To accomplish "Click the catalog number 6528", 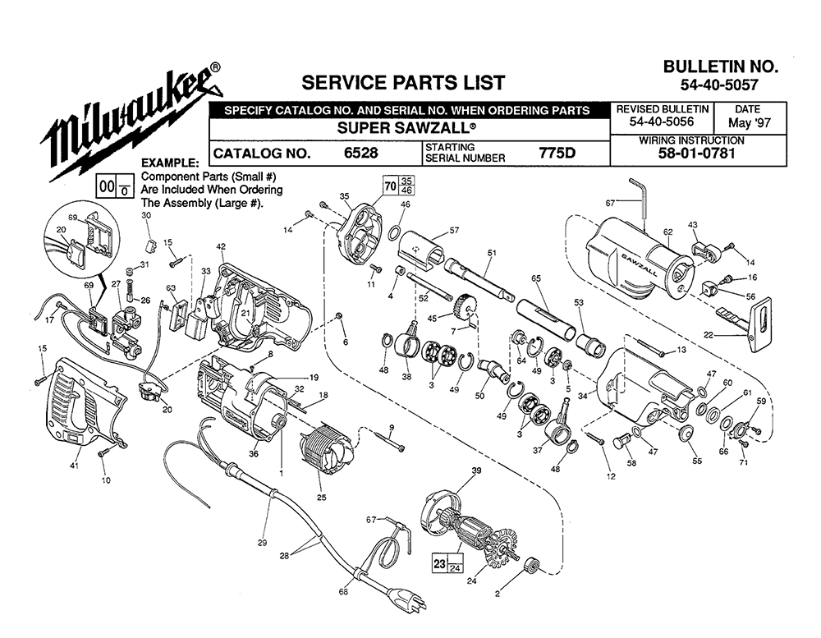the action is click(x=360, y=153).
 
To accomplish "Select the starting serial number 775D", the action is click(x=557, y=153).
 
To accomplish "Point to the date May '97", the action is click(x=750, y=123).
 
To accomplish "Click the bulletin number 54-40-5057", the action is click(x=719, y=84).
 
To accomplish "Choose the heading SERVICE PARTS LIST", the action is click(x=403, y=82).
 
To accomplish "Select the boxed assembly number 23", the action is click(x=440, y=563).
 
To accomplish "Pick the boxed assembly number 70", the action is click(x=390, y=186).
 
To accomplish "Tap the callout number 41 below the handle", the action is click(x=75, y=465).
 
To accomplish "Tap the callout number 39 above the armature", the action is click(x=476, y=471).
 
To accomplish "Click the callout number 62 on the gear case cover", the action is click(x=667, y=232).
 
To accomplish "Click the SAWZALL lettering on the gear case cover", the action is click(x=640, y=264).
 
